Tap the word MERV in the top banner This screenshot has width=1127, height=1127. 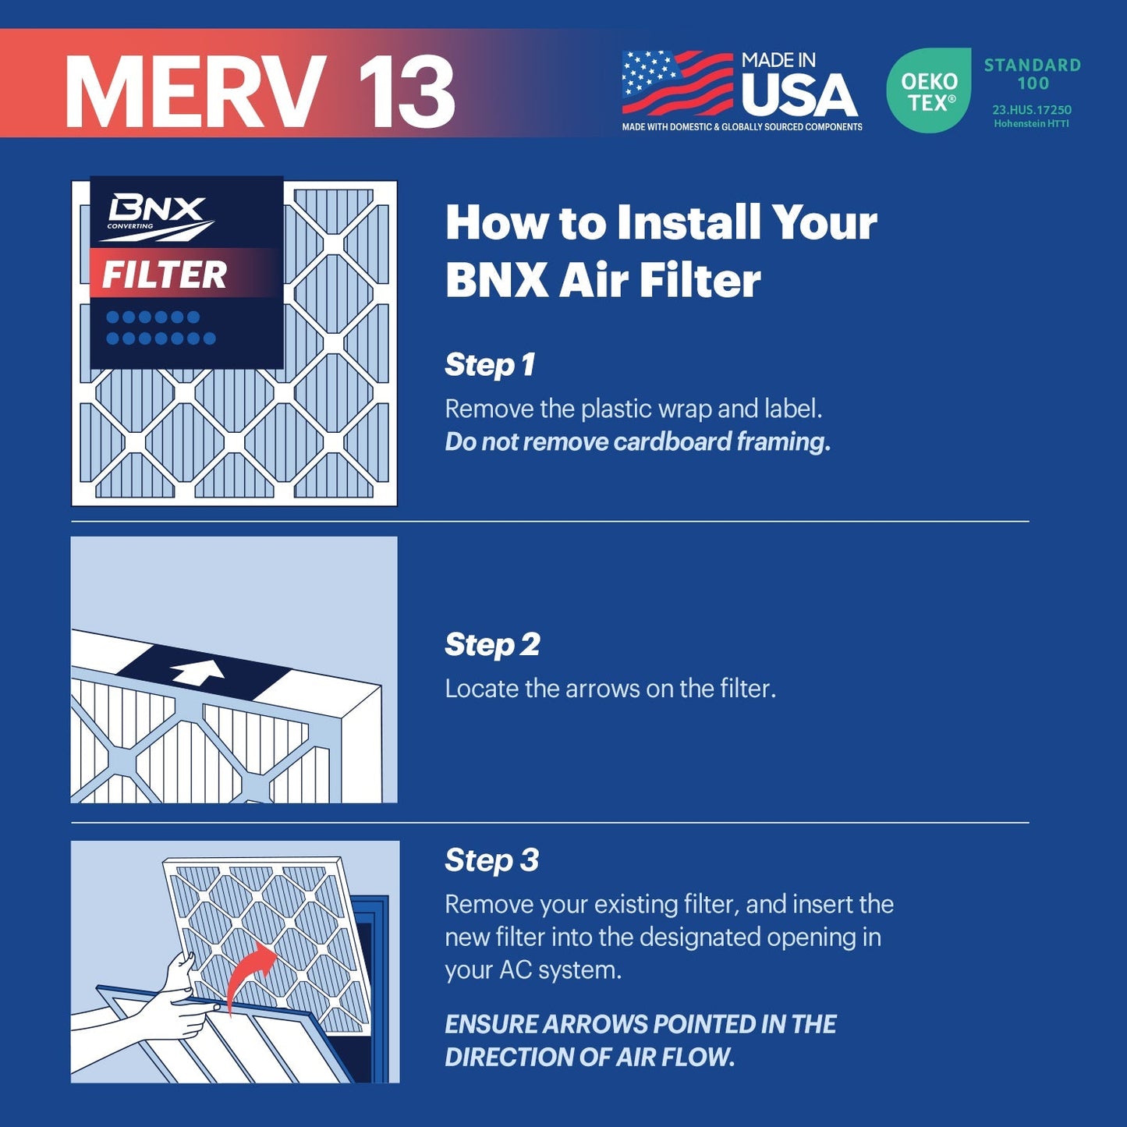pos(195,92)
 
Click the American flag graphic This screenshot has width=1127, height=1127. pos(676,83)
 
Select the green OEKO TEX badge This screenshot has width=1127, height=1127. pos(929,91)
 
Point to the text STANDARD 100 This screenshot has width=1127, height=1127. pos(1032,74)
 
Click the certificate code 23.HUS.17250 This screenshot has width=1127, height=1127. pos(1031,110)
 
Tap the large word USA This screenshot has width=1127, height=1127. pos(799,96)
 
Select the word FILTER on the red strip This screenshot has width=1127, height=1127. pos(165,275)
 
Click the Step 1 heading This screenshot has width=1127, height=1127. pos(490,365)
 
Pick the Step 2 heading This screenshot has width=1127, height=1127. pos(492,645)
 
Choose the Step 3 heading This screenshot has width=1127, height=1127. pos(491,860)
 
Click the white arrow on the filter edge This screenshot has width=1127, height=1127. pos(198,672)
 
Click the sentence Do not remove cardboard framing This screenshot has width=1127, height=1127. pos(637,442)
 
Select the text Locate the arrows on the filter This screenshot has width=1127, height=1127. pos(610,689)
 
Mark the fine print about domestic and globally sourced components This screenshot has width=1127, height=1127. pos(742,127)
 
